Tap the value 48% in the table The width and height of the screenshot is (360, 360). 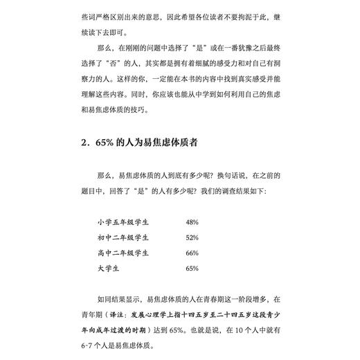pyautogui.click(x=192, y=222)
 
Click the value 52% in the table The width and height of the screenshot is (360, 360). pyautogui.click(x=192, y=237)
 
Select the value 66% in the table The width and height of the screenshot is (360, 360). pyautogui.click(x=192, y=253)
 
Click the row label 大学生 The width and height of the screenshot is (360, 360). pyautogui.click(x=109, y=268)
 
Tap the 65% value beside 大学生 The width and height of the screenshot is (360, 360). pyautogui.click(x=192, y=268)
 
